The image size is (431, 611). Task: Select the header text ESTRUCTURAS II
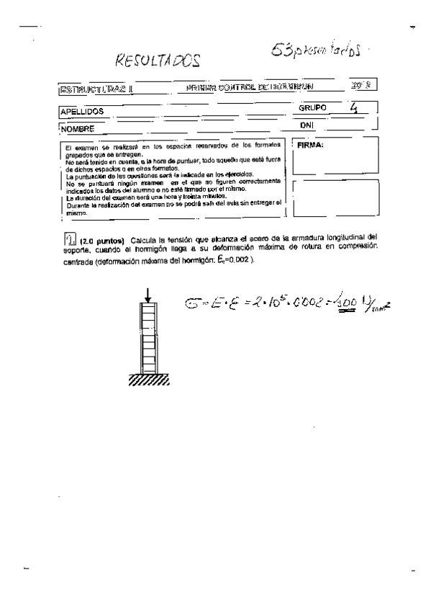coord(96,90)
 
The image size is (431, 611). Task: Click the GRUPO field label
coord(312,108)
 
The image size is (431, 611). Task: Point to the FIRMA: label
coord(311,144)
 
